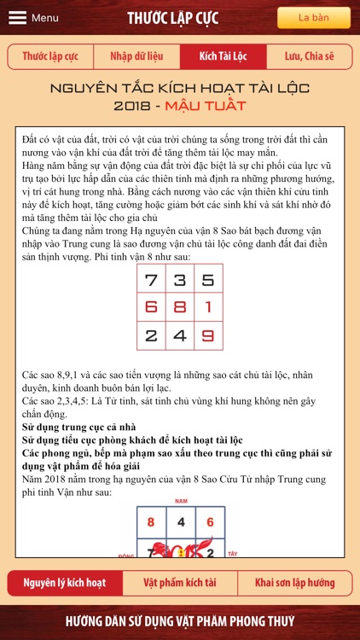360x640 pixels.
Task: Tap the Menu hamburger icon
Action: click(x=17, y=18)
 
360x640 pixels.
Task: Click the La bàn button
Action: click(x=313, y=18)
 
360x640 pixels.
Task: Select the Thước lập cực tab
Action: click(x=50, y=56)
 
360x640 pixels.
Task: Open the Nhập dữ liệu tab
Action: click(x=136, y=56)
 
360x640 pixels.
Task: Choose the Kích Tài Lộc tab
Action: click(x=223, y=56)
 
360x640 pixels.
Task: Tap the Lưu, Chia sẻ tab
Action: click(x=309, y=56)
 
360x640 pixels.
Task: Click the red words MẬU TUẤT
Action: click(x=212, y=106)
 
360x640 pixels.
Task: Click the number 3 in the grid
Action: click(x=180, y=279)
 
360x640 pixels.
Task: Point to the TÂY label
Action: click(x=233, y=554)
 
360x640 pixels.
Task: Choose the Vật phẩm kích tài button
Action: click(x=180, y=583)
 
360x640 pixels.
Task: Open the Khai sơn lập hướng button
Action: click(x=295, y=583)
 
